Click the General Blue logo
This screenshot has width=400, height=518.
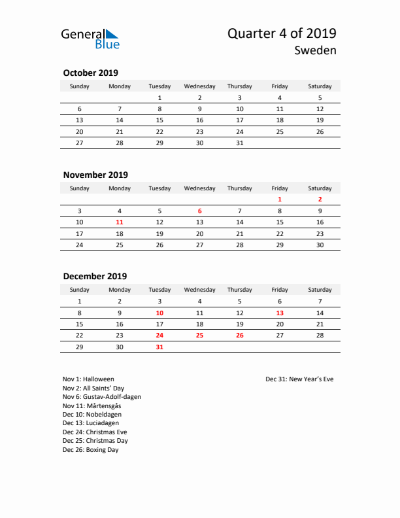tap(90, 39)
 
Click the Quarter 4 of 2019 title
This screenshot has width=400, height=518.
tap(282, 34)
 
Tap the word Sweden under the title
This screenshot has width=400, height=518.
tap(315, 50)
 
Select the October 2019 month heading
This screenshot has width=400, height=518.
tap(90, 73)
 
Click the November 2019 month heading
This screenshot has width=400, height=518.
tap(95, 175)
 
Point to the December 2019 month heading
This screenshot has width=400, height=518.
tap(95, 276)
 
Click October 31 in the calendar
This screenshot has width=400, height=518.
tap(239, 143)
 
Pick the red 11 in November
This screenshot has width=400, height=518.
tap(120, 222)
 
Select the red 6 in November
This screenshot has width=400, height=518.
tap(199, 211)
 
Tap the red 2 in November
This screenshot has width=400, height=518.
tap(320, 199)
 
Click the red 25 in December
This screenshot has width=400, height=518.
tap(199, 335)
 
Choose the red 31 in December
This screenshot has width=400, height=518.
tap(159, 347)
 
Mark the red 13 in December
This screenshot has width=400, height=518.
tap(280, 313)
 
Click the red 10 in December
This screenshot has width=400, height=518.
tap(159, 313)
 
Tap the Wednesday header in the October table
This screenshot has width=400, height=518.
tap(199, 86)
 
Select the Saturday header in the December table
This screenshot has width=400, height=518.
tap(320, 290)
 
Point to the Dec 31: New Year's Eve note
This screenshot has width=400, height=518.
tap(299, 379)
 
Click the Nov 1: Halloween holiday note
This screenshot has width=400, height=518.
tap(88, 379)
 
